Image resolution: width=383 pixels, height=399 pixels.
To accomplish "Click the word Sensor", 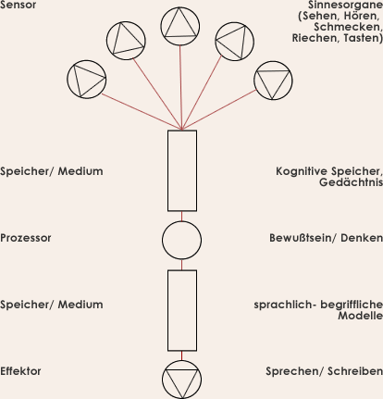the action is pos(18,5).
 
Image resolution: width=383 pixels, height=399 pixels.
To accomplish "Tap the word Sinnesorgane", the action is pos(345,5).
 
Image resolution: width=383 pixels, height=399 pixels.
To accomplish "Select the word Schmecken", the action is pos(348,27).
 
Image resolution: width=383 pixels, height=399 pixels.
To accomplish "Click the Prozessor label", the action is pos(26,238).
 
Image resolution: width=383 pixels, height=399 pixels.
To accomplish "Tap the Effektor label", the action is pos(20,371).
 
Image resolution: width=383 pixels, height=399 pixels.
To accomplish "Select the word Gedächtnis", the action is pos(351,182).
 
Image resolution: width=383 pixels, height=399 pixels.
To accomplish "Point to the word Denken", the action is pos(362,238).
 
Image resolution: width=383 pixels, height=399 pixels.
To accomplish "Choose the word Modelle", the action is pos(361,316).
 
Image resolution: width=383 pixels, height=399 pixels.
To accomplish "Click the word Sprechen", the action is pos(292,371).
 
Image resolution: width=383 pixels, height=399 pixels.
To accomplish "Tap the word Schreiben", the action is pos(355,371).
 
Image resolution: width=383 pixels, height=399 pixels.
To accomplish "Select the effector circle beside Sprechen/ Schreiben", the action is pos(181,360).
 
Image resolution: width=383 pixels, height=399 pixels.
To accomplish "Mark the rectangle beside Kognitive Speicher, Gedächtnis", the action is pos(167,170).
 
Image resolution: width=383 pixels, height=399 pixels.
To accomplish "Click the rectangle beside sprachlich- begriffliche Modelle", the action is pos(167,310).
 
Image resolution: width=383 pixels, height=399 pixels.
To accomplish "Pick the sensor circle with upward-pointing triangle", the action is pos(180,7).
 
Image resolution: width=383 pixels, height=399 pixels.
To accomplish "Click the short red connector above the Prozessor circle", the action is pos(181,216).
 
